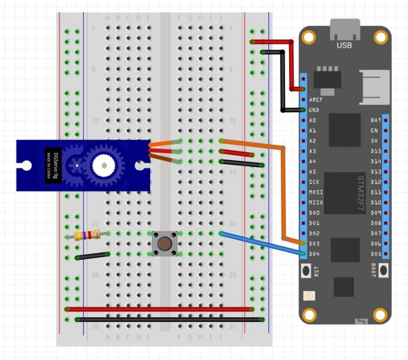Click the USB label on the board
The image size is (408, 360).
(345, 45)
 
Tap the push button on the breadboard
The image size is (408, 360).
(163, 243)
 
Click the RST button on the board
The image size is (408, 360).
(306, 270)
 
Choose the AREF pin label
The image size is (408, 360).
(316, 100)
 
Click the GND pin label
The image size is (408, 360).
(314, 110)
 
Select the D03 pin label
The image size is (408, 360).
(314, 243)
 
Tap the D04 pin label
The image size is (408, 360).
(314, 254)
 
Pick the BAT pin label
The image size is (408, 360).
(376, 120)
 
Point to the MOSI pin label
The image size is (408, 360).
(315, 192)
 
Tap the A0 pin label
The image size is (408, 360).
(313, 120)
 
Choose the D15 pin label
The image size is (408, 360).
(376, 151)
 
